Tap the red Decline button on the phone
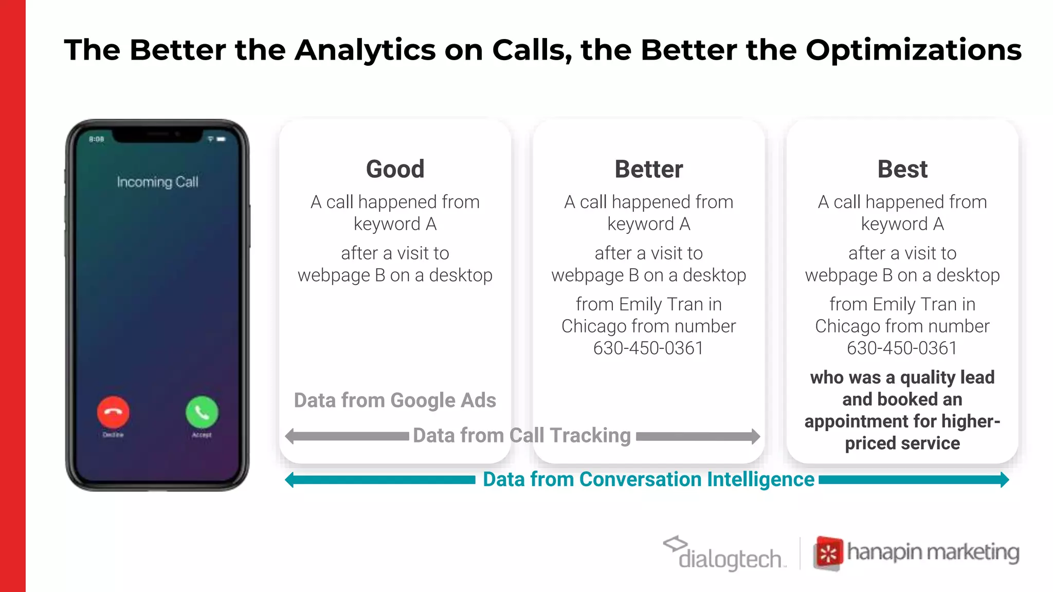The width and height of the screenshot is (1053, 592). [113, 412]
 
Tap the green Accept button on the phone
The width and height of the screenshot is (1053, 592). [202, 412]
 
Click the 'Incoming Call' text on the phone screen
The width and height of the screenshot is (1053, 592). [157, 182]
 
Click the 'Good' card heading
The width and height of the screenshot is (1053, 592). [395, 169]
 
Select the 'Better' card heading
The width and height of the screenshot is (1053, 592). [649, 169]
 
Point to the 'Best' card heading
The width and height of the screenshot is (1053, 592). [902, 169]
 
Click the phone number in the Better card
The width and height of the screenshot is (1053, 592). [648, 348]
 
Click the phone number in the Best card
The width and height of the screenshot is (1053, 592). [902, 348]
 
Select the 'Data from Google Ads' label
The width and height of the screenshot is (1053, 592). [395, 400]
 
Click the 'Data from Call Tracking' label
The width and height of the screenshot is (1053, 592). [522, 435]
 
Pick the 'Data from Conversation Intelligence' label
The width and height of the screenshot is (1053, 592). [648, 479]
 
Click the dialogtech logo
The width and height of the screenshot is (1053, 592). [725, 554]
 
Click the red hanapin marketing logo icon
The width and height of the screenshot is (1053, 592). [828, 553]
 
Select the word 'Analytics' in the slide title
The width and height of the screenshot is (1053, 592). [365, 50]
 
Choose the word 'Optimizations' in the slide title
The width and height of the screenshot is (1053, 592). [914, 50]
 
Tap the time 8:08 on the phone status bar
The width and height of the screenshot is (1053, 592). [97, 139]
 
